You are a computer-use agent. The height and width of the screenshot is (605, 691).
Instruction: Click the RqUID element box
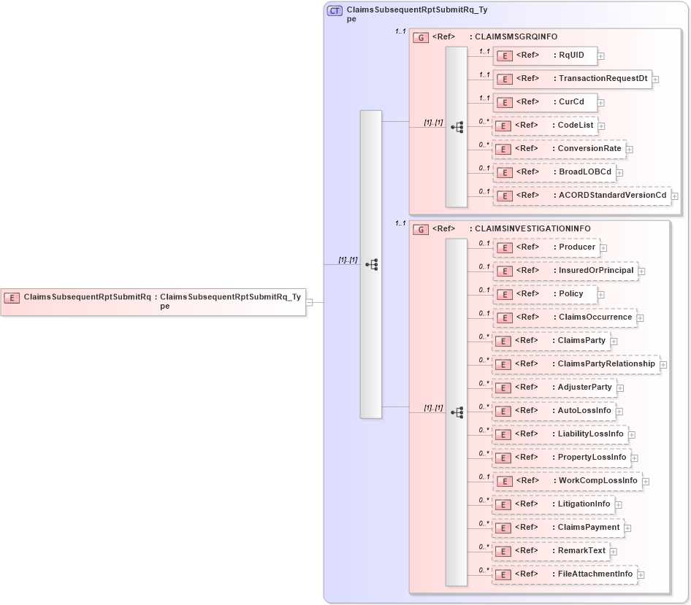545,55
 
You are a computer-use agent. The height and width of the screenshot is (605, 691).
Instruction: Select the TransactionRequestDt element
572,79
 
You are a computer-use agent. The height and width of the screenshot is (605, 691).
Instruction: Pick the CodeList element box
544,126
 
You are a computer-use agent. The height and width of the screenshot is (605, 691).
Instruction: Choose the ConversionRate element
558,149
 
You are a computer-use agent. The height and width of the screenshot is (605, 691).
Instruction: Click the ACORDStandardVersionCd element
581,196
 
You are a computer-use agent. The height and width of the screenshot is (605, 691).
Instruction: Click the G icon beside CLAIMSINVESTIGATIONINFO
421,229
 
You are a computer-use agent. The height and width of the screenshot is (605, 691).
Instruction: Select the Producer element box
546,247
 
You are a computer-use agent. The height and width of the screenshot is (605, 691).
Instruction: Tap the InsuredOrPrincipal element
565,271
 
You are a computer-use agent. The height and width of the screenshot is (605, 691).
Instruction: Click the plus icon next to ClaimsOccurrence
640,318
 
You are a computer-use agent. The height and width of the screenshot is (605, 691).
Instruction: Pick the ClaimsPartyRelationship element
576,364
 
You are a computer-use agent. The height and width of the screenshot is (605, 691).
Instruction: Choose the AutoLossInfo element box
554,411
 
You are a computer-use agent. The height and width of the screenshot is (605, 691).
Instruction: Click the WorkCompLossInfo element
567,481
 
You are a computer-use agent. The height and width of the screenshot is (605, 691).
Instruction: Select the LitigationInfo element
553,504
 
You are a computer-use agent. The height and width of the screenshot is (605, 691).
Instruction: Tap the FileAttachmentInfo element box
565,574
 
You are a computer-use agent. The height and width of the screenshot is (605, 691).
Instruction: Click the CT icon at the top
335,11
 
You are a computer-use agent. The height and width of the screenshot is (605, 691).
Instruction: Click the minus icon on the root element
310,301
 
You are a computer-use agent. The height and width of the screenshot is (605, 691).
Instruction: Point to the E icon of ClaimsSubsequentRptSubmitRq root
12,297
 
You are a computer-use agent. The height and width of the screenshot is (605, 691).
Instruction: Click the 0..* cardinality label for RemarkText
484,547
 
